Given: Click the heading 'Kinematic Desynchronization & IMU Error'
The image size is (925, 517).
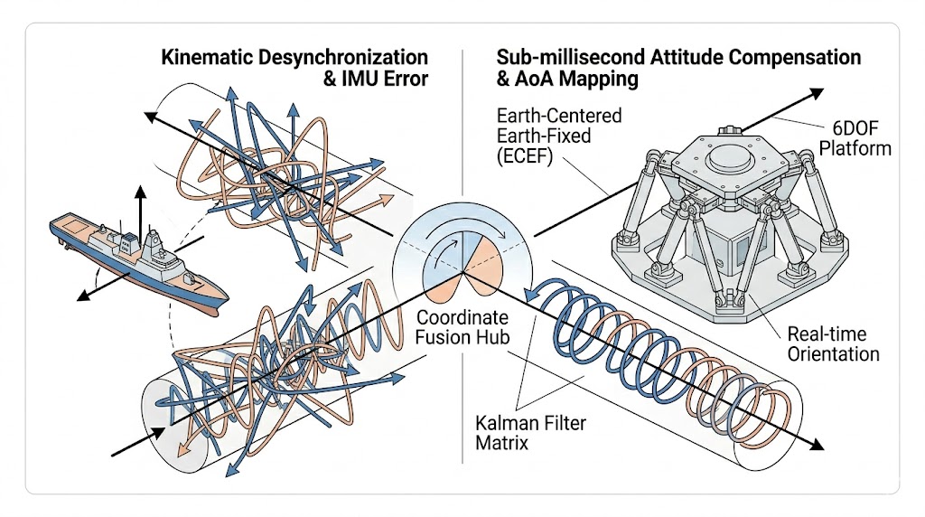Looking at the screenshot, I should [x=294, y=68].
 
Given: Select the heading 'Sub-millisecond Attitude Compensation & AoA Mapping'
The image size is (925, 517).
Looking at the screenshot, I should [x=678, y=68].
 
